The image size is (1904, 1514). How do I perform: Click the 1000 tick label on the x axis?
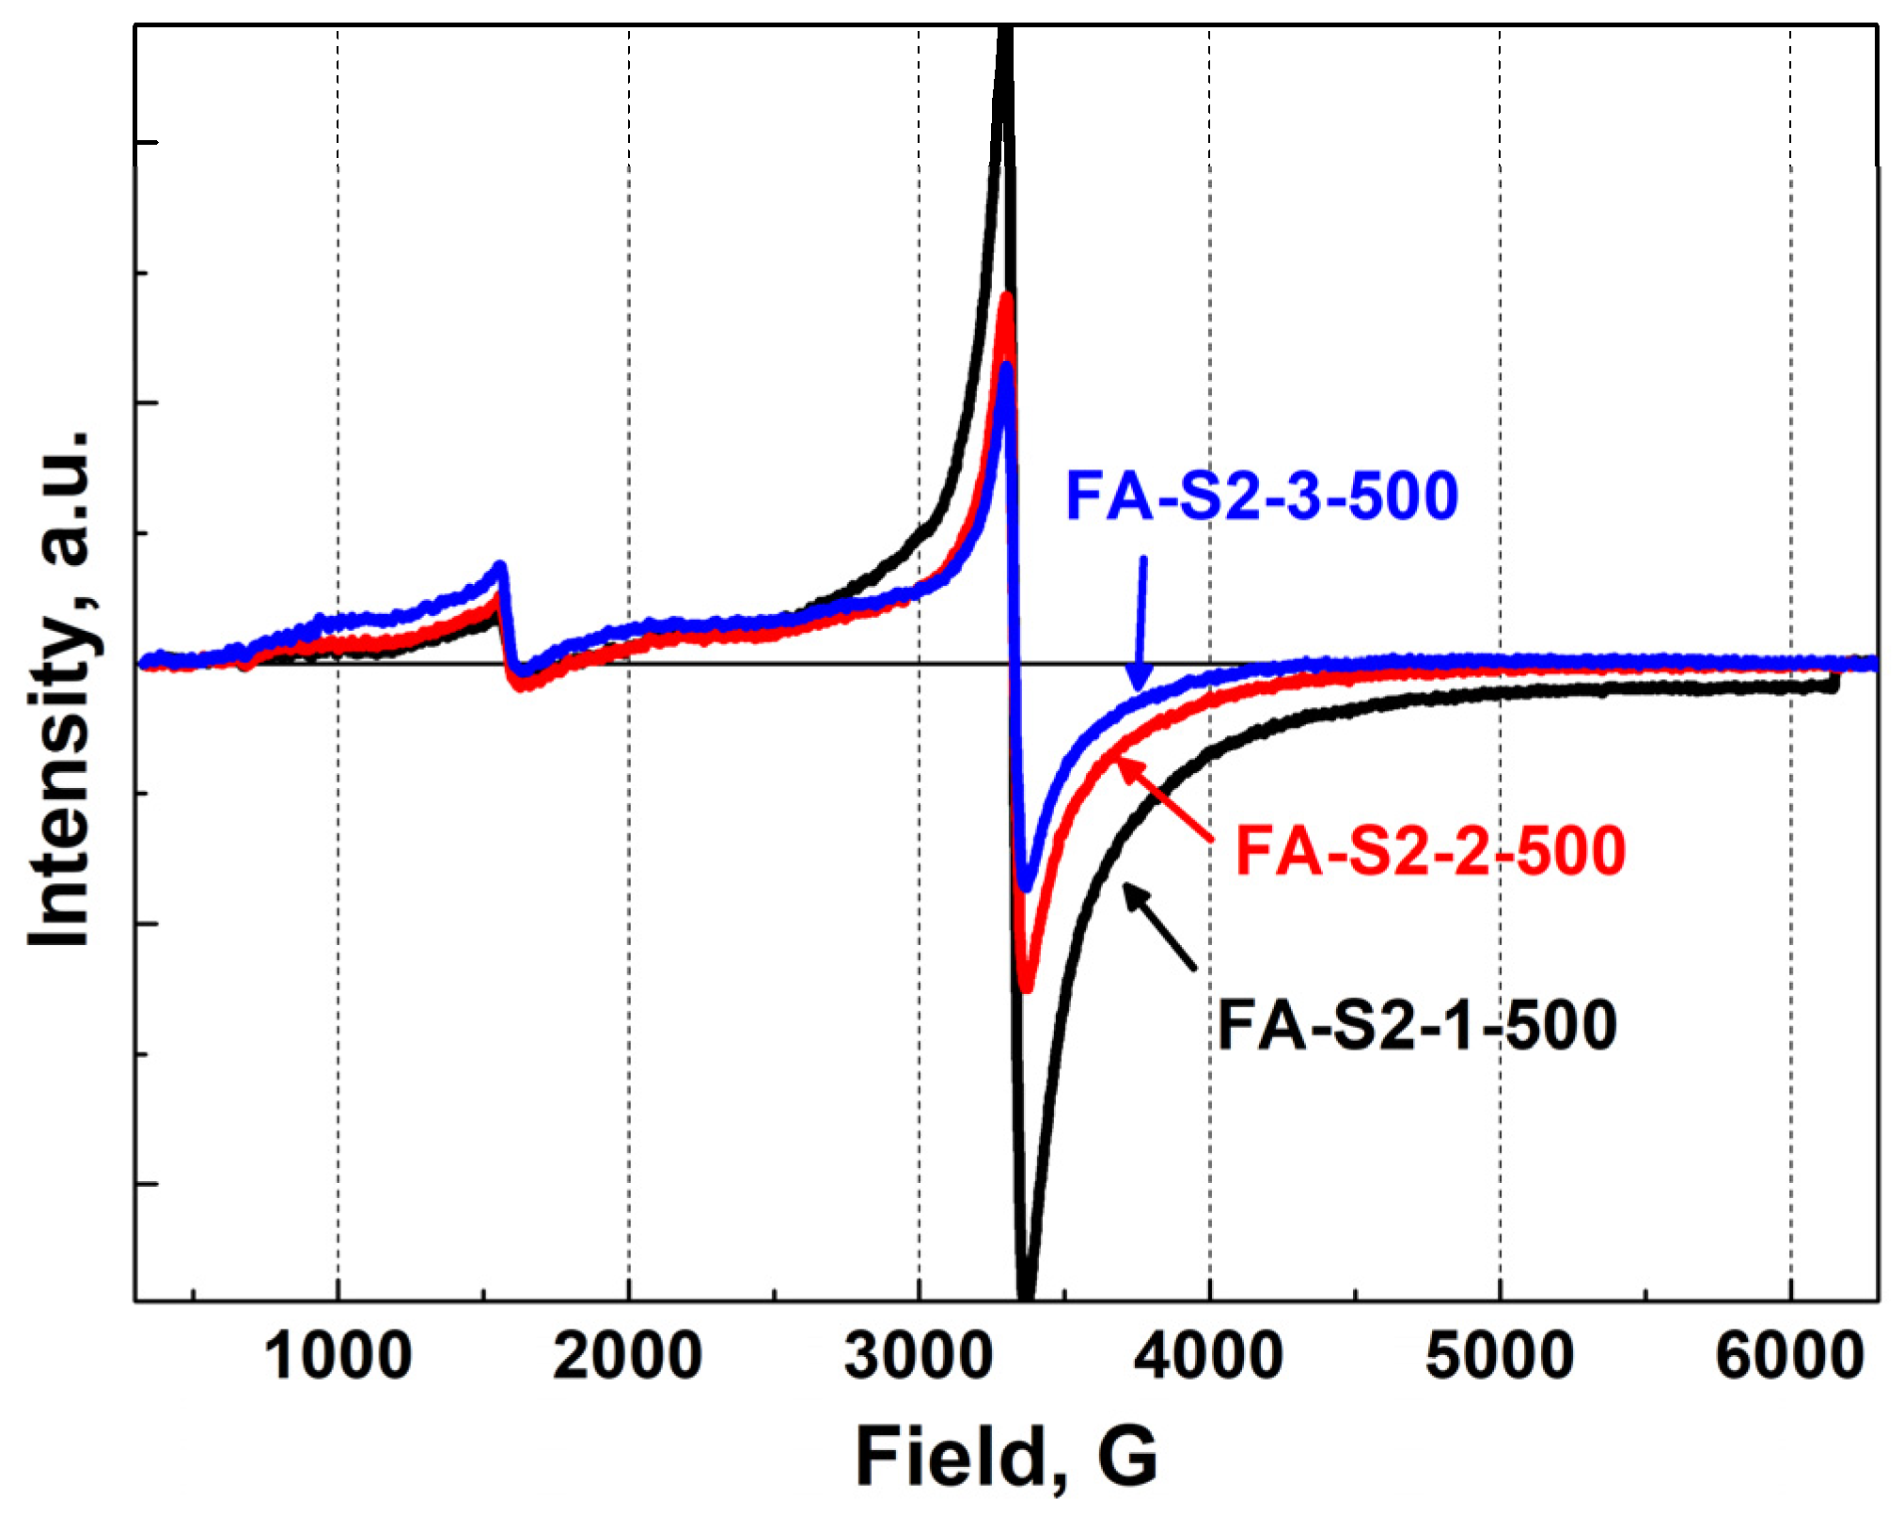click(338, 1357)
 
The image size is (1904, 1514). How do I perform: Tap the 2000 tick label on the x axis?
click(627, 1357)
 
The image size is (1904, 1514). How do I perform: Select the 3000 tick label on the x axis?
click(918, 1357)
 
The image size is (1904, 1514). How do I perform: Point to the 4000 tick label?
click(1208, 1357)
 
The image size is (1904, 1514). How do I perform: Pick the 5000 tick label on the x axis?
click(1499, 1357)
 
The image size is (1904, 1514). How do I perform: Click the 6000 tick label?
click(1789, 1357)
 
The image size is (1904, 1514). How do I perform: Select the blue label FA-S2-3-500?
click(1261, 497)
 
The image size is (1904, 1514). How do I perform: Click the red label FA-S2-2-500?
click(1429, 851)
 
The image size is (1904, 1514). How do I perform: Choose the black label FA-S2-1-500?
click(1417, 1025)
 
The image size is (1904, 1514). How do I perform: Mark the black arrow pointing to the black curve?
click(1159, 926)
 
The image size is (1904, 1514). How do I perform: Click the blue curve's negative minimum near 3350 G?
click(1027, 886)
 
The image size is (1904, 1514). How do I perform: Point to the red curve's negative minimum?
click(1026, 987)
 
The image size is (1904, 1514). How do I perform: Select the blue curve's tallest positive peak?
click(1006, 368)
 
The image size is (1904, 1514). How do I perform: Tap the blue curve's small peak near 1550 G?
click(501, 566)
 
